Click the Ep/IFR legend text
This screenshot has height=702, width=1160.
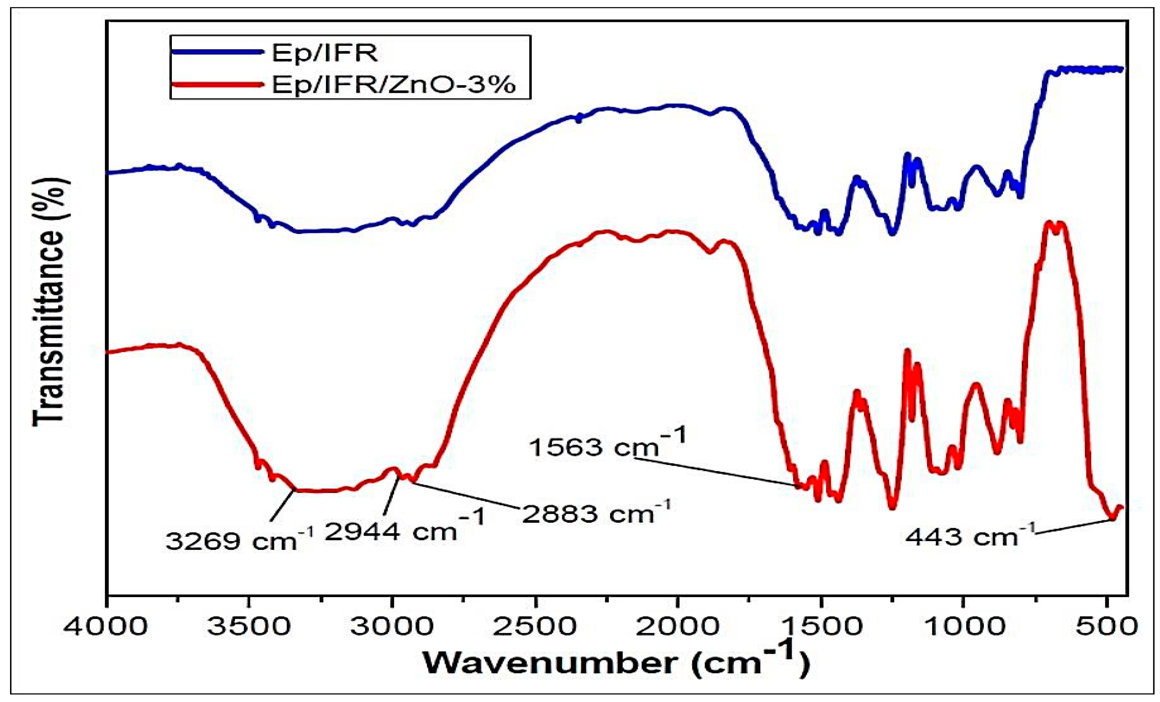pos(324,53)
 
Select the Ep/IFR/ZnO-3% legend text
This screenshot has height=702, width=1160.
pos(393,85)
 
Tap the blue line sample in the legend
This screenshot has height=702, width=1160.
pos(217,52)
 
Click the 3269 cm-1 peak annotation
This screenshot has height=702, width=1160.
pos(238,541)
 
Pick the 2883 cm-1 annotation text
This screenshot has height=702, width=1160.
pos(595,513)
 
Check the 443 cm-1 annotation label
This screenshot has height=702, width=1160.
pos(970,536)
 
